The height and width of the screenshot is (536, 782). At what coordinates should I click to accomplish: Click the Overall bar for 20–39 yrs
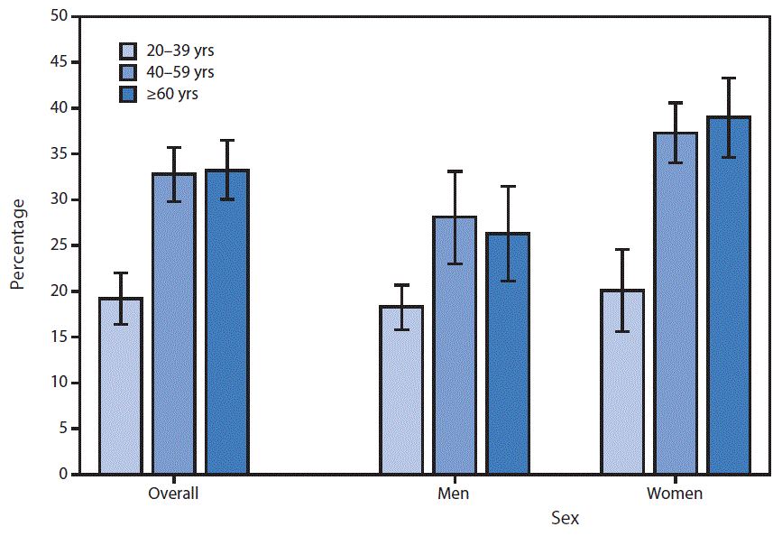[x=121, y=386]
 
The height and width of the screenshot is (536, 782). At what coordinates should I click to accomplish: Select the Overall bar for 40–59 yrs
[x=174, y=324]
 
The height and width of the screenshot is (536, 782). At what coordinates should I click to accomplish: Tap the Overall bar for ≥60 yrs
[x=226, y=322]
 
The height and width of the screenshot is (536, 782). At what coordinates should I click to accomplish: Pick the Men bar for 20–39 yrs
[x=401, y=390]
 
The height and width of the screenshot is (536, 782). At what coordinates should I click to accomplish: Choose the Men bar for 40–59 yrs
[x=455, y=346]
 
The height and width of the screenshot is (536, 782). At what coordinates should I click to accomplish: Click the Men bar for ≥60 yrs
[x=508, y=354]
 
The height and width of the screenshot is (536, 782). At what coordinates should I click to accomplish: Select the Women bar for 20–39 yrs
[x=622, y=382]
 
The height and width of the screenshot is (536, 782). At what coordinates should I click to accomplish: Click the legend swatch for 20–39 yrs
[x=130, y=50]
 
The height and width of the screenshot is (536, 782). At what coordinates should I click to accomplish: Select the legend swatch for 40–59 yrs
[x=130, y=71]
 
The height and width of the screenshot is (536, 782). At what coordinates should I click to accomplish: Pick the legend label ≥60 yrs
[x=176, y=93]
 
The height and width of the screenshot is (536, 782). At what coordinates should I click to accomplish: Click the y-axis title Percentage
[x=18, y=245]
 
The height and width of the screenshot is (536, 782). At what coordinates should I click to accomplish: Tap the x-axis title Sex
[x=566, y=519]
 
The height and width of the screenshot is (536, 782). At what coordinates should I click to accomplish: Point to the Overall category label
[x=173, y=494]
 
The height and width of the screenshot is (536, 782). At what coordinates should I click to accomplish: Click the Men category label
[x=454, y=494]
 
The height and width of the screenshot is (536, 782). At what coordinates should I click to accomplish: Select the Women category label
[x=675, y=494]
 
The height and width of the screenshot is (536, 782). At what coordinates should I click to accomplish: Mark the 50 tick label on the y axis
[x=58, y=16]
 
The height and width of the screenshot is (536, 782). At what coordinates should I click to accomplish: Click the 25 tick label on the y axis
[x=58, y=245]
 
